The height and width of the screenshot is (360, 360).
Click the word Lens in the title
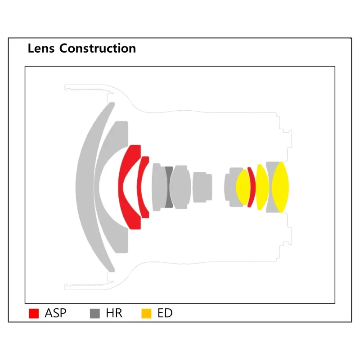41,49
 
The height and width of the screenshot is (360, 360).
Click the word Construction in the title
98,49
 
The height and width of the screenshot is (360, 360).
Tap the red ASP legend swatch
34,313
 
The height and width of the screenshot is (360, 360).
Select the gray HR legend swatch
95,313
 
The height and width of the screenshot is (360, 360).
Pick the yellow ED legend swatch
146,313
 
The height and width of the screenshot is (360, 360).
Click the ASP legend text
55,313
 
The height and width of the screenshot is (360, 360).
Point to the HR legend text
114,313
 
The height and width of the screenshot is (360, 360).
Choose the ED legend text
165,313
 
